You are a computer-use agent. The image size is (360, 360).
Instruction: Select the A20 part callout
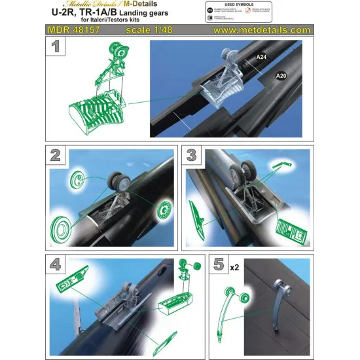pyautogui.click(x=281, y=76)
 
